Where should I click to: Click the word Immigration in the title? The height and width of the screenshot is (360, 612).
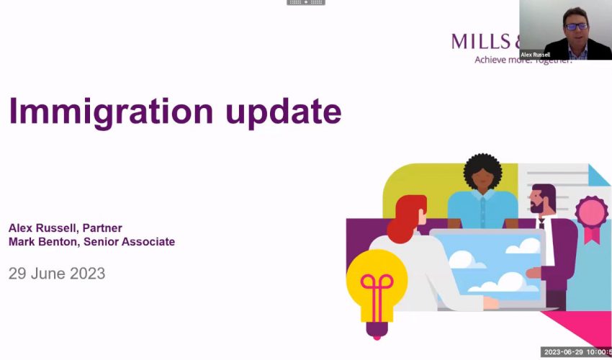coord(110,112)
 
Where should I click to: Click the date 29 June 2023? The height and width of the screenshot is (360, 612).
coord(57,274)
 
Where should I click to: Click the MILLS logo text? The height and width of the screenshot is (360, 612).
coord(483,41)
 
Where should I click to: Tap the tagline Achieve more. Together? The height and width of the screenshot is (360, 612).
coord(522,60)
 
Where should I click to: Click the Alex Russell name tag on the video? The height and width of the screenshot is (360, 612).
coord(536,55)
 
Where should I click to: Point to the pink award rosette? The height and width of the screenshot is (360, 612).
coord(590,214)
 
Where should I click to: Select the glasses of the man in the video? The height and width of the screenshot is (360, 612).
coord(576,27)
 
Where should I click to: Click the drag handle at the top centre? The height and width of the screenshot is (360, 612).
coord(306,3)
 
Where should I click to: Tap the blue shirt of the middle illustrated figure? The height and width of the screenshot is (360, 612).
coord(482,209)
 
